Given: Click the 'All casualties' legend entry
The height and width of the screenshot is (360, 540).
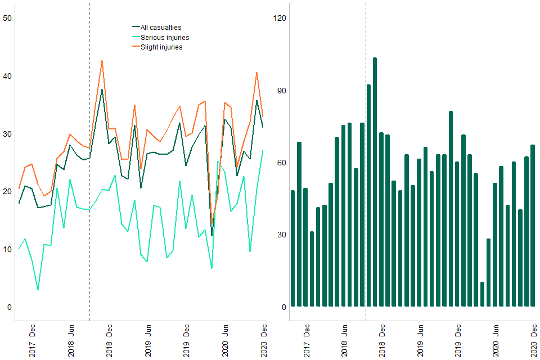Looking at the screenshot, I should coord(160,27).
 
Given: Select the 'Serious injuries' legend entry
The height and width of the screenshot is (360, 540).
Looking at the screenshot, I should coord(164,37).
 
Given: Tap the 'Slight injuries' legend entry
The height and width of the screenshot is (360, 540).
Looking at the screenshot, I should coord(161,47).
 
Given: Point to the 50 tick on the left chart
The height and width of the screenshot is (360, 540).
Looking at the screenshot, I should coord(8,18).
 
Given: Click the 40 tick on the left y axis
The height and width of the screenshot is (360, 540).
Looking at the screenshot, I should coord(8,76).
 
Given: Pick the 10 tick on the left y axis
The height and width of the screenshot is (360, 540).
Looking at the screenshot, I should coord(8,249).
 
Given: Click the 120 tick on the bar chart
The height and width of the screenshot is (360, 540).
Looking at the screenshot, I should coord(280,18).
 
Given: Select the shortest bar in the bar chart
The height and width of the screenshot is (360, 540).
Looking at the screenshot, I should coord(482,294).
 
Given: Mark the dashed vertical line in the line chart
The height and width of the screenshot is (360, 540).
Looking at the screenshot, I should coord(89,169).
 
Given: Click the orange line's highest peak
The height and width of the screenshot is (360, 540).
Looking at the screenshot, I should coord(102,61).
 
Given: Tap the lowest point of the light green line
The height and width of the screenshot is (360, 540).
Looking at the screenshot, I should coord(38,290).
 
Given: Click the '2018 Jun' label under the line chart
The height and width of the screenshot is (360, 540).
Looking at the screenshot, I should coord(71,340).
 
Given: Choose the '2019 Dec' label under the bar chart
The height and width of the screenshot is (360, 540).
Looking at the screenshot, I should coord(459,340).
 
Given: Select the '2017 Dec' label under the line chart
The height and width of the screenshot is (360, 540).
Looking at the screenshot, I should coord(32,340).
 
